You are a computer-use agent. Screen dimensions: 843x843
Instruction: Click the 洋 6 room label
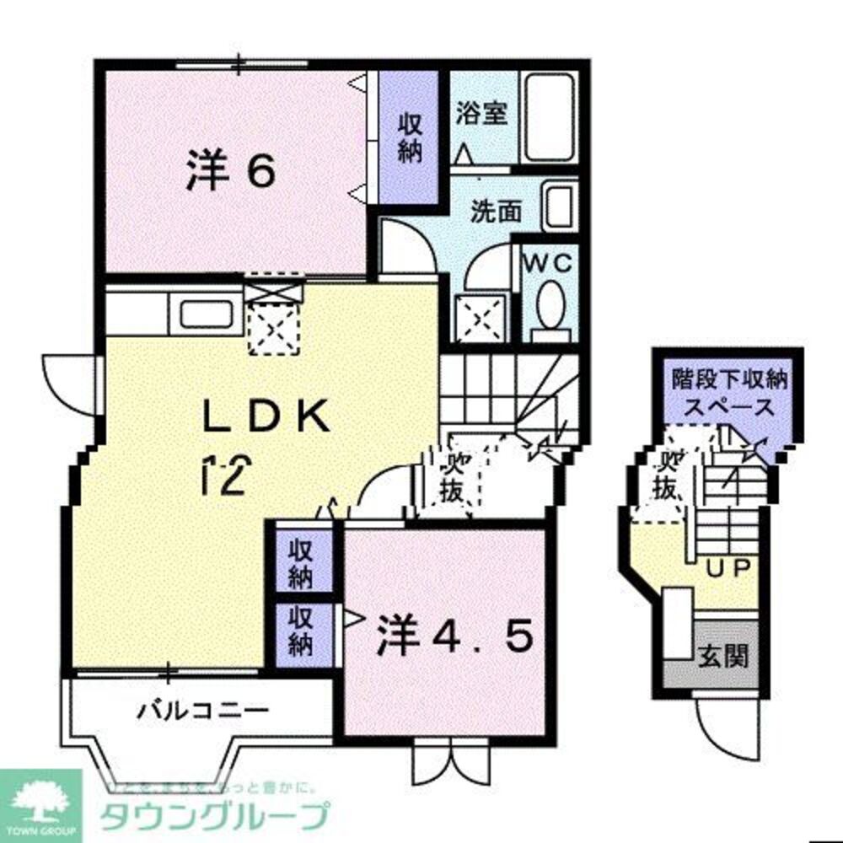pos(229,173)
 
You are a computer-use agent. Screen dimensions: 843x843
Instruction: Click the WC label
pos(550,262)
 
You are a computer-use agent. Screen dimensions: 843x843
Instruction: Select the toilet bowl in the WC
pos(551,304)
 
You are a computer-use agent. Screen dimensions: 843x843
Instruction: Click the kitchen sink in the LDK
pos(204,315)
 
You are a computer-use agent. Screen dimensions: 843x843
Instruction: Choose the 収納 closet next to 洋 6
pos(410,137)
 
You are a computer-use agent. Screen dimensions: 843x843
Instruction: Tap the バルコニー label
pos(203,710)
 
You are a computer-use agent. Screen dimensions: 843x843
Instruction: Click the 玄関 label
pos(723,654)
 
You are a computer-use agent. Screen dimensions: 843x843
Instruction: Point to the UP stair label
pos(728,568)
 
